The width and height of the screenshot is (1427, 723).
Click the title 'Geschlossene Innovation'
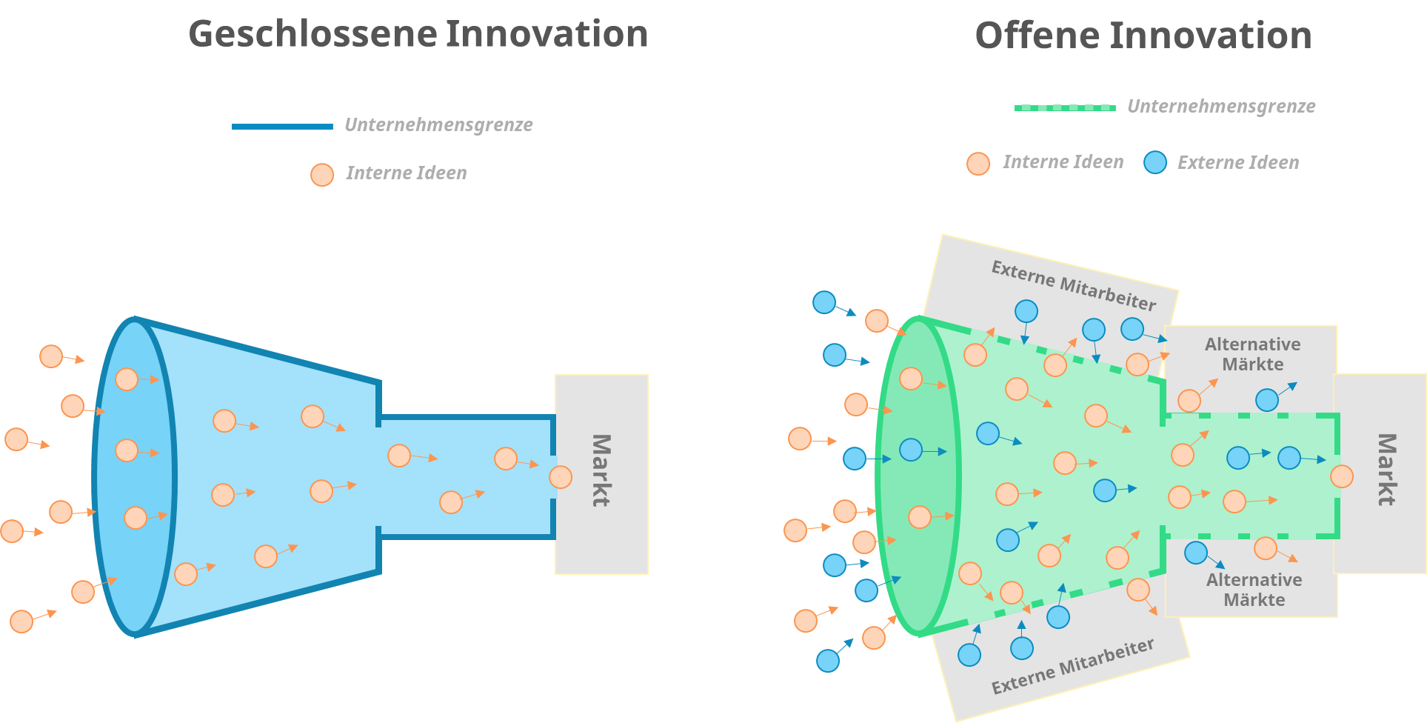tap(418, 35)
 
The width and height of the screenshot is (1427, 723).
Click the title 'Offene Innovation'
tap(1143, 36)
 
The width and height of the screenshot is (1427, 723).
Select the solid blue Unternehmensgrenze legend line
tap(282, 127)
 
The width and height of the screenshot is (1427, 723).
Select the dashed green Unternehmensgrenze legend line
tap(1065, 107)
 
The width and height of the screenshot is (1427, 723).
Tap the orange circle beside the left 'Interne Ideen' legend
tap(322, 175)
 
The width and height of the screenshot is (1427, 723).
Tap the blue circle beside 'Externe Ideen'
tap(1155, 162)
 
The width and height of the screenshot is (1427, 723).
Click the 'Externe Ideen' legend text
tap(1238, 163)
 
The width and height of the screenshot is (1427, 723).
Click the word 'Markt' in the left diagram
tap(601, 470)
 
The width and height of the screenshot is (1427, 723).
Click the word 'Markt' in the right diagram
tap(1386, 470)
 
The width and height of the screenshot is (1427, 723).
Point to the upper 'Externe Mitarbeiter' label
tap(1073, 285)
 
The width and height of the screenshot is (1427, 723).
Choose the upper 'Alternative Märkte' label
tap(1252, 354)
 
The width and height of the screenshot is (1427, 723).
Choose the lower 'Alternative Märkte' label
tap(1254, 590)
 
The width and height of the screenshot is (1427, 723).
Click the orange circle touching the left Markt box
tap(561, 477)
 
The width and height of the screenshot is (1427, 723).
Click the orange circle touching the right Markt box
tap(1342, 476)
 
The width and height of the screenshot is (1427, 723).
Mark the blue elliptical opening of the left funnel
tap(134, 477)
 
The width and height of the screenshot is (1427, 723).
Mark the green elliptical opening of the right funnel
tap(918, 477)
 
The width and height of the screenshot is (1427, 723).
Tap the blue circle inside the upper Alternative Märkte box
tap(1267, 400)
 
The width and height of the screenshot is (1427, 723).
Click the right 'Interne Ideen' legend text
tap(1063, 162)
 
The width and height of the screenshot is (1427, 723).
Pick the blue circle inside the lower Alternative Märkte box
tap(1196, 553)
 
